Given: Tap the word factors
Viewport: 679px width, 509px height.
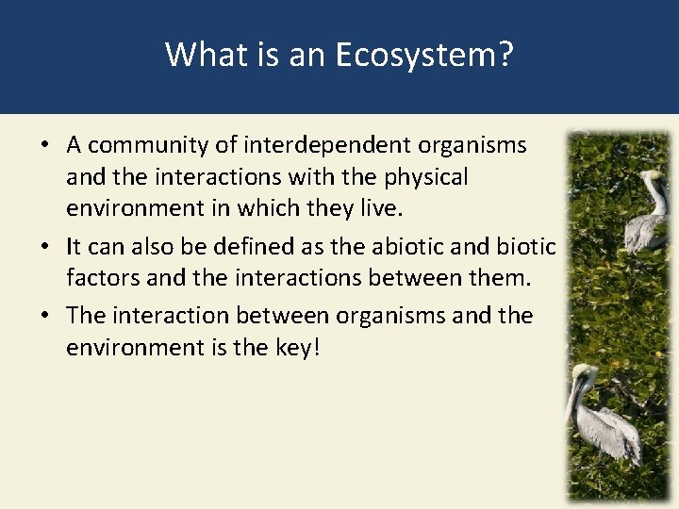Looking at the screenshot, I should pyautogui.click(x=102, y=278).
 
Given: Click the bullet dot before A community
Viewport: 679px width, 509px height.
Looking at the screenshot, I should pyautogui.click(x=45, y=147).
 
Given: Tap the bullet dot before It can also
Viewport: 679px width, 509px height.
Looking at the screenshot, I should pyautogui.click(x=45, y=248).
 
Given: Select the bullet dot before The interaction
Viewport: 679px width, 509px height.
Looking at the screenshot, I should pyautogui.click(x=45, y=317).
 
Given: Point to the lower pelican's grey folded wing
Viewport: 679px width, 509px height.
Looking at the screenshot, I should pyautogui.click(x=608, y=429).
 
